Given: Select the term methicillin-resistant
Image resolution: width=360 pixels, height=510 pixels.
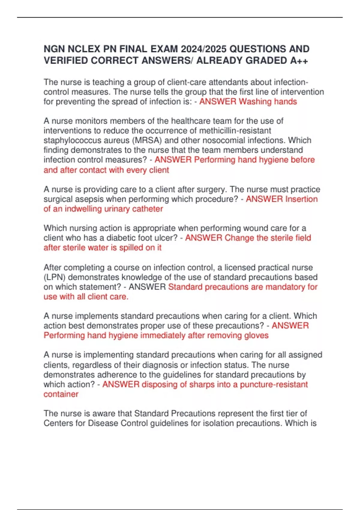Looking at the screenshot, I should pyautogui.click(x=235, y=131).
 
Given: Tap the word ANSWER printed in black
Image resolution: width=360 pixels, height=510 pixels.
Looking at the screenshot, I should pyautogui.click(x=147, y=287).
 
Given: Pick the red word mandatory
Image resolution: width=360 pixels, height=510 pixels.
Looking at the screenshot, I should pyautogui.click(x=285, y=287).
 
